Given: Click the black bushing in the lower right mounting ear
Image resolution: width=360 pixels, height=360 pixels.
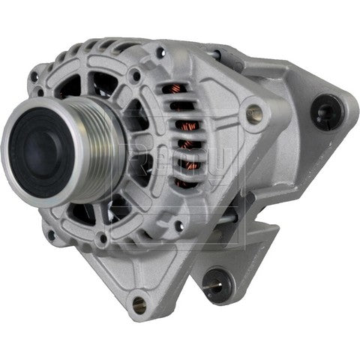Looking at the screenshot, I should (x=217, y=279).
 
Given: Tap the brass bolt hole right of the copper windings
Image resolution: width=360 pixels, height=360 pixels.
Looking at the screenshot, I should (x=256, y=114).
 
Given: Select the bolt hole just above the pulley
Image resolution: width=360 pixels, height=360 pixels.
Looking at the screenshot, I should (x=135, y=75).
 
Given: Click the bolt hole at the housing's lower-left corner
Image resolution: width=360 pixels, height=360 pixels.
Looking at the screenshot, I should (x=51, y=234).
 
